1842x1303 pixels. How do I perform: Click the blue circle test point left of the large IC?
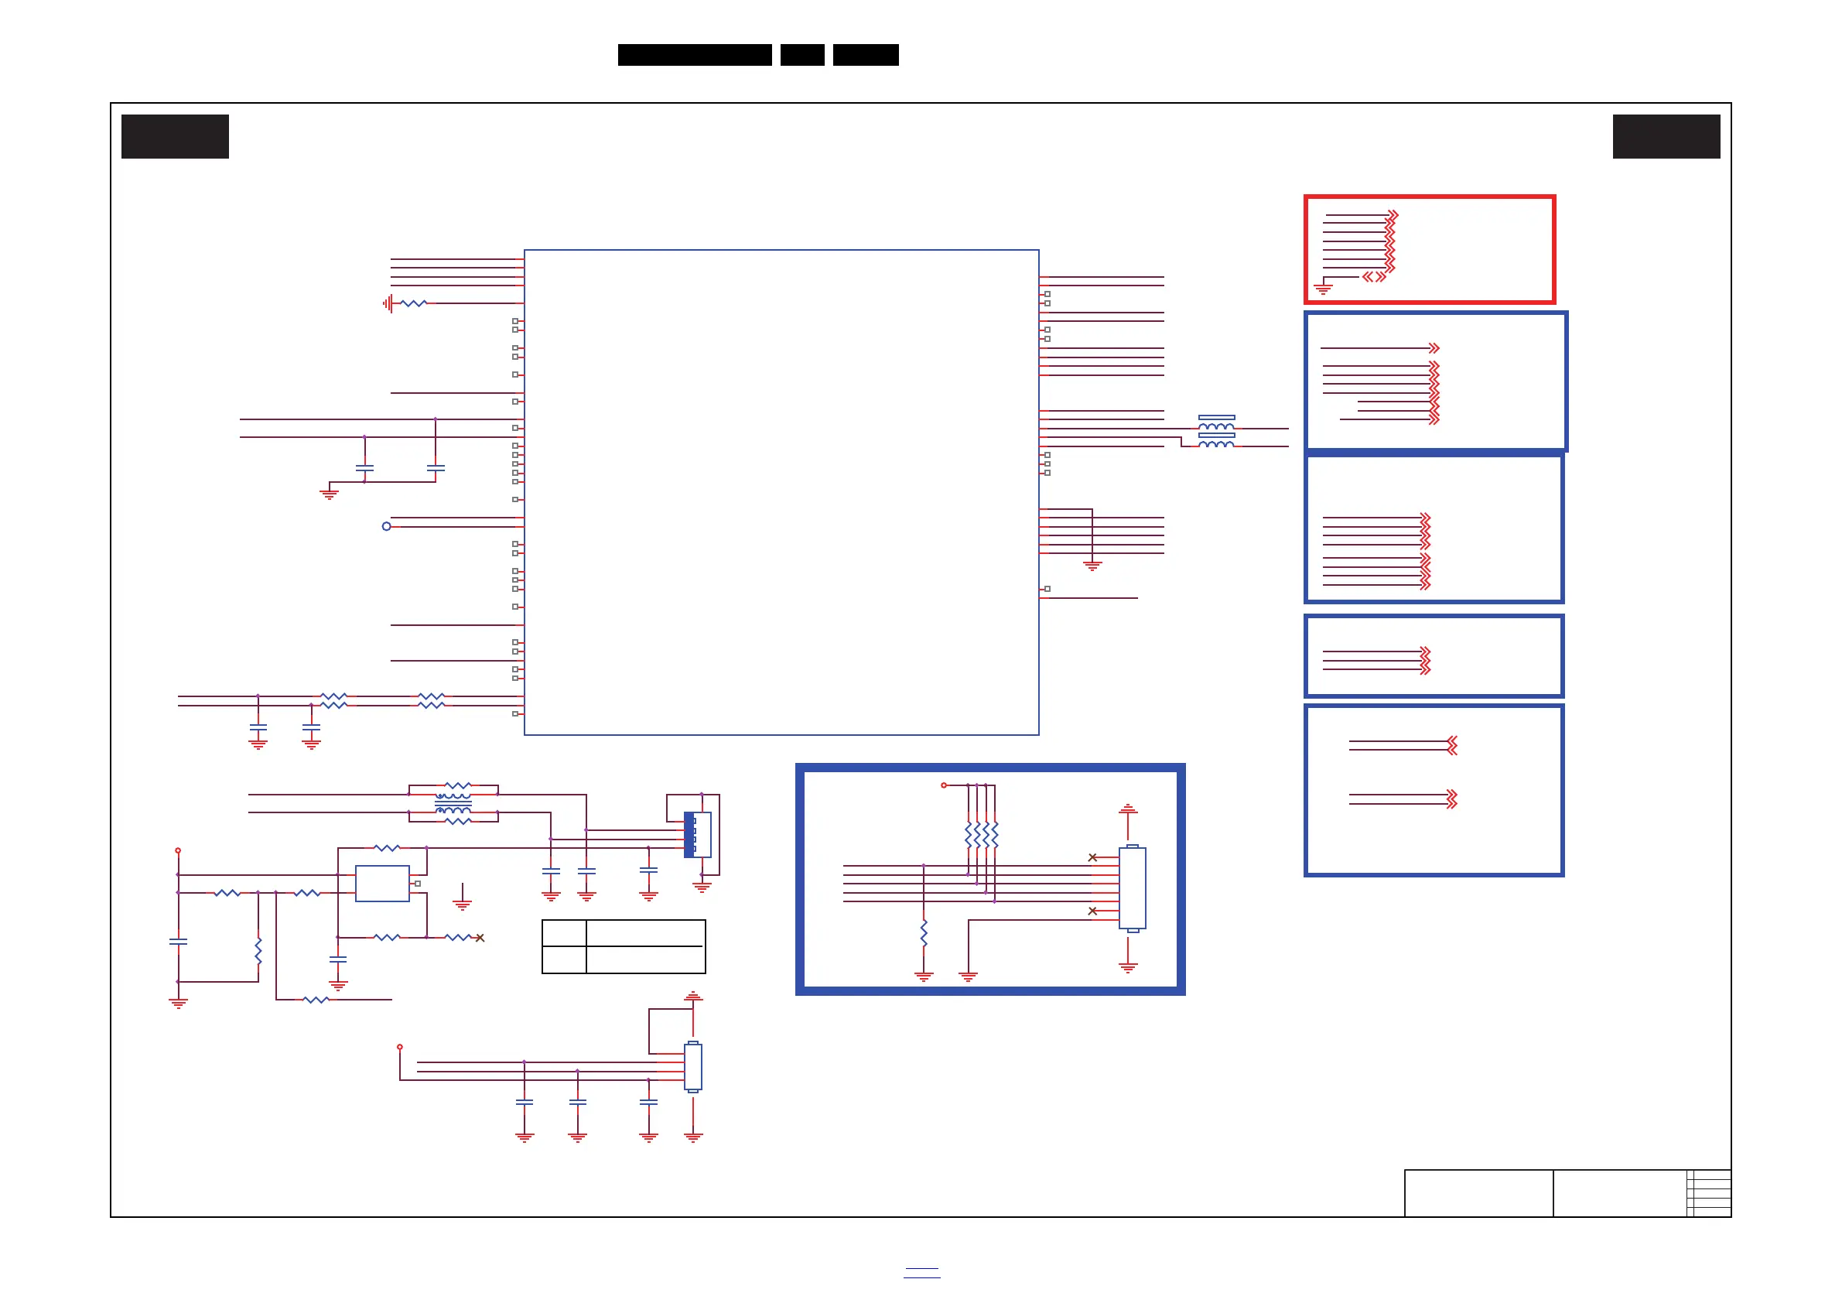pyautogui.click(x=387, y=526)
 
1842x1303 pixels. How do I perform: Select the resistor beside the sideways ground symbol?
pyautogui.click(x=413, y=303)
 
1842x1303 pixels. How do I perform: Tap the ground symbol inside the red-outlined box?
pyautogui.click(x=1323, y=289)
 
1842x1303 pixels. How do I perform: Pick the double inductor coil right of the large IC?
pyautogui.click(x=1216, y=432)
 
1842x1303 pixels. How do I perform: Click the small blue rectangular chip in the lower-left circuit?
pyautogui.click(x=382, y=884)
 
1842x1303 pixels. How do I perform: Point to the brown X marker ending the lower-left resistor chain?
pyautogui.click(x=480, y=938)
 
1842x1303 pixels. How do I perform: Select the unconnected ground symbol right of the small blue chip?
pyautogui.click(x=462, y=903)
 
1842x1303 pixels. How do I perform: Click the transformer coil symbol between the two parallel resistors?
pyautogui.click(x=453, y=803)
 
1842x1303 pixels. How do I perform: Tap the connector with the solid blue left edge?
pyautogui.click(x=697, y=834)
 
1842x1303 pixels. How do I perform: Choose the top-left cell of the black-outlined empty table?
pyautogui.click(x=564, y=933)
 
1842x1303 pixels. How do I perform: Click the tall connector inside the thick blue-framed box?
pyautogui.click(x=1132, y=888)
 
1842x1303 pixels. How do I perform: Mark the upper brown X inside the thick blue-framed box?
pyautogui.click(x=1092, y=857)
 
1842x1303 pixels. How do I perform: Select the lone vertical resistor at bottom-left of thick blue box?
pyautogui.click(x=924, y=933)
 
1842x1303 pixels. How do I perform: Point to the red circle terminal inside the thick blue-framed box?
pyautogui.click(x=945, y=785)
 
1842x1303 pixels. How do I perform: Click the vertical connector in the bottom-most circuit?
pyautogui.click(x=693, y=1066)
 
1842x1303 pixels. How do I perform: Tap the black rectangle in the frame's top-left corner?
pyautogui.click(x=175, y=136)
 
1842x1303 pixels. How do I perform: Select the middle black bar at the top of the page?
pyautogui.click(x=802, y=55)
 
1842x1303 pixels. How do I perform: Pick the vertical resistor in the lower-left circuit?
pyautogui.click(x=258, y=951)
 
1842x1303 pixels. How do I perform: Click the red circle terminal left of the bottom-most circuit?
pyautogui.click(x=399, y=1047)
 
